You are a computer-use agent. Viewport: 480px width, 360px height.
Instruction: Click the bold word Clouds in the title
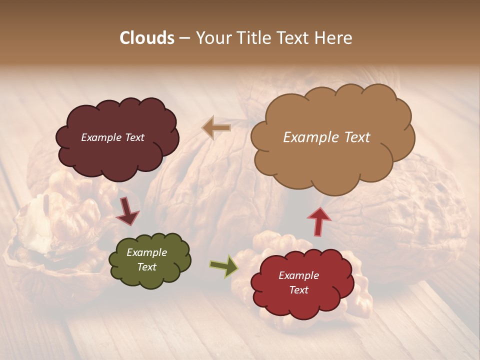pos(147,38)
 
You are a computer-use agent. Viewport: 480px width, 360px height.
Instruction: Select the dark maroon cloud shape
pos(117,155)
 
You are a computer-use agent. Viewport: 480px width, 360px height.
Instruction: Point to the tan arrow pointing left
pos(216,128)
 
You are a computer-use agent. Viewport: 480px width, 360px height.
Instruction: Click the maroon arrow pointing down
pos(127,211)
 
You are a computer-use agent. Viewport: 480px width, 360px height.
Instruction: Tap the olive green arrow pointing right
pos(223,266)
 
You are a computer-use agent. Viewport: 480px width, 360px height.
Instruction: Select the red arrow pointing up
pos(319,221)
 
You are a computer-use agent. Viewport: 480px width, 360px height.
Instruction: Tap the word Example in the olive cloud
pos(146,252)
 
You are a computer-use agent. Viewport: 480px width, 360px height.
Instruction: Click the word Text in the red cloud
pos(298,290)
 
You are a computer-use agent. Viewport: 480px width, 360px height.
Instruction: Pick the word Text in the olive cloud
pos(146,267)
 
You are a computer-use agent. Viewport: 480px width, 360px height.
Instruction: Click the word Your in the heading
pos(212,38)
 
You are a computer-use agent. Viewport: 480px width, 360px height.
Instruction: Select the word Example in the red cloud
pos(298,275)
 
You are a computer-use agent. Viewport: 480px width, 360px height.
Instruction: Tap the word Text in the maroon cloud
pos(133,137)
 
